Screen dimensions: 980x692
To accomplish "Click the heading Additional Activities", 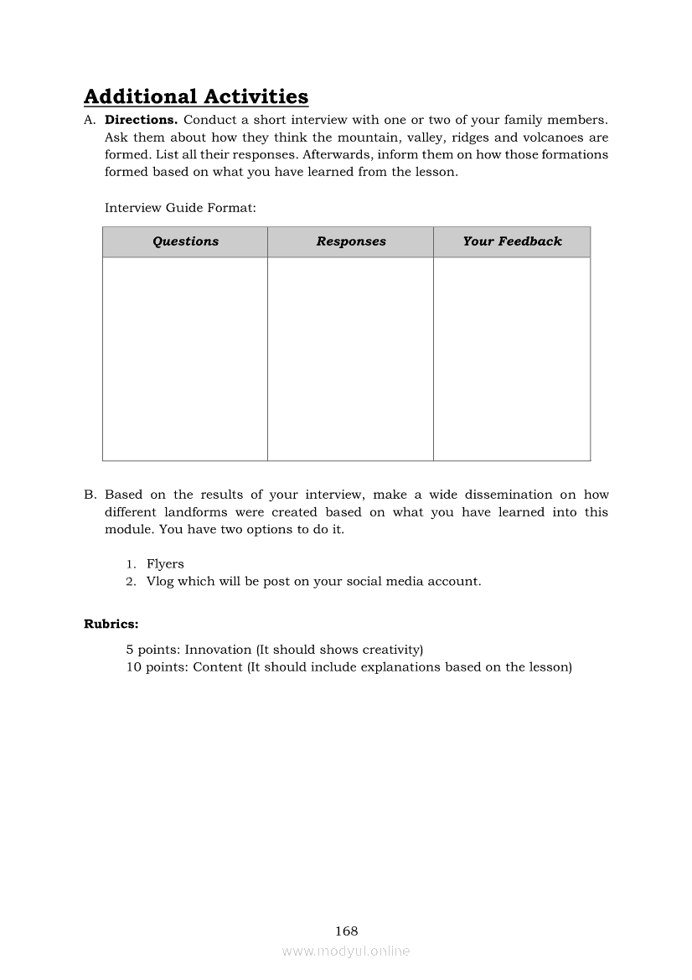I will pyautogui.click(x=196, y=97).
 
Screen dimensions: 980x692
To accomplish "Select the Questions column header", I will pyautogui.click(x=185, y=241).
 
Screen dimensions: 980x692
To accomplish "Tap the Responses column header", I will pyautogui.click(x=351, y=241).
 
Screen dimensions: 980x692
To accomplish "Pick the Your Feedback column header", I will pyautogui.click(x=512, y=241).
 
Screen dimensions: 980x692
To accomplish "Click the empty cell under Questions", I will pyautogui.click(x=185, y=359).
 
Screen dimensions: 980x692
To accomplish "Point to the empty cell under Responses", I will pyautogui.click(x=350, y=359).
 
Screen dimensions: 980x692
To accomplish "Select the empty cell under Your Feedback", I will pyautogui.click(x=512, y=359).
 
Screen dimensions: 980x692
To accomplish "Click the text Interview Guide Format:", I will pyautogui.click(x=180, y=207).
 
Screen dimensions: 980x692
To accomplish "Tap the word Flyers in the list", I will pyautogui.click(x=165, y=564).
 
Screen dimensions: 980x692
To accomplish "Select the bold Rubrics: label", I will pyautogui.click(x=111, y=624).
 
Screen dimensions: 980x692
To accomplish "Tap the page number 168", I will pyautogui.click(x=346, y=931).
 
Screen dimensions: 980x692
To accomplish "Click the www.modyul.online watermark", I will pyautogui.click(x=346, y=951).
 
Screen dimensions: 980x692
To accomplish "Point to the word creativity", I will pyautogui.click(x=390, y=650).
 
